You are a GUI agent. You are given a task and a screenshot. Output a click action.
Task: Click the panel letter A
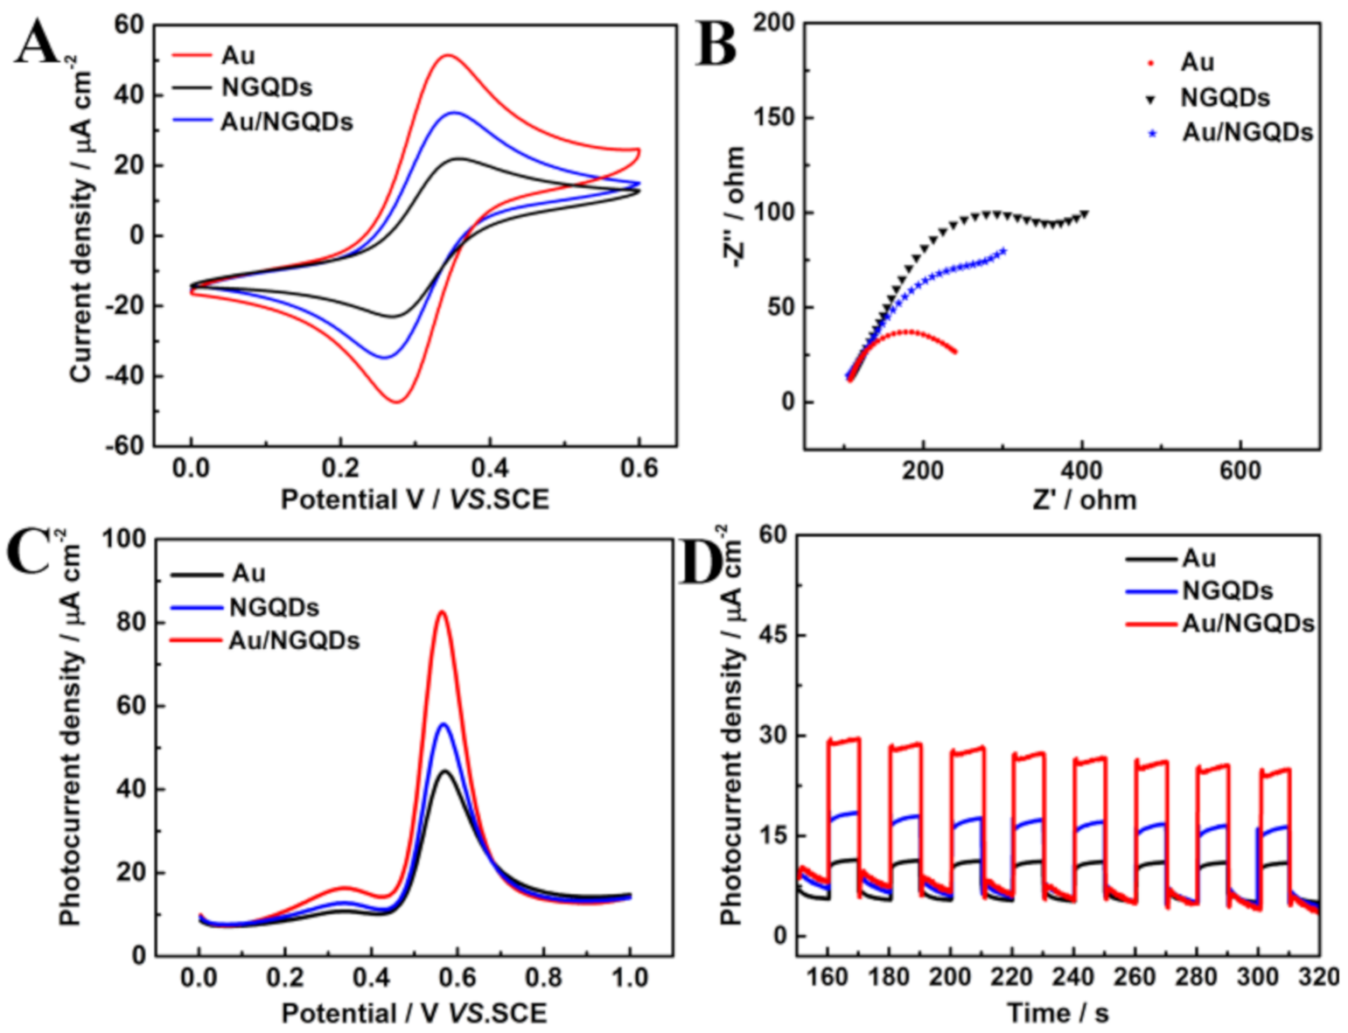click(x=37, y=43)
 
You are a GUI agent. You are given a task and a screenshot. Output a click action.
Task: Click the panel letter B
click(x=716, y=45)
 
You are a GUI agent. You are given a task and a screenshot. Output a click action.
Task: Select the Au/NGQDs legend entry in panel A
click(x=286, y=122)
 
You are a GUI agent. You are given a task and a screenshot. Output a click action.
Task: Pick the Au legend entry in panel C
click(x=248, y=573)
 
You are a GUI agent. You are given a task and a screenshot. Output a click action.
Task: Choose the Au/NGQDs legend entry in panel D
click(x=1247, y=623)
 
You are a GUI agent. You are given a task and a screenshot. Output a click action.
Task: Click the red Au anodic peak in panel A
click(x=448, y=55)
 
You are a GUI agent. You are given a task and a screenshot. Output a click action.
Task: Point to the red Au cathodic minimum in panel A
click(x=397, y=402)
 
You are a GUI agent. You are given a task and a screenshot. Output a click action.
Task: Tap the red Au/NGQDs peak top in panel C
click(x=443, y=611)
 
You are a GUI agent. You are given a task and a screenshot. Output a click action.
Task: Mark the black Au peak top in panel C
click(x=445, y=771)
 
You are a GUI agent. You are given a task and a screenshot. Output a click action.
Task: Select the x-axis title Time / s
click(x=1058, y=1013)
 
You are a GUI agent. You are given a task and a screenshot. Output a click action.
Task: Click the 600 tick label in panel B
click(x=1240, y=471)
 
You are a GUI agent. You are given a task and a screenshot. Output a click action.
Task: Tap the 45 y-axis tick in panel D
click(x=772, y=635)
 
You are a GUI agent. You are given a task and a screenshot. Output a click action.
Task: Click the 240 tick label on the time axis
click(x=1073, y=977)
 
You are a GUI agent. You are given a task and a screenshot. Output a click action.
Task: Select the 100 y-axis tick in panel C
click(x=123, y=539)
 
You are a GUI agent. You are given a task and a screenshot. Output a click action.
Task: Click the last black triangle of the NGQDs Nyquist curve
click(x=1086, y=213)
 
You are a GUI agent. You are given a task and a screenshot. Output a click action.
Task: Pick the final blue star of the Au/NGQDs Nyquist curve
click(x=1003, y=251)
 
